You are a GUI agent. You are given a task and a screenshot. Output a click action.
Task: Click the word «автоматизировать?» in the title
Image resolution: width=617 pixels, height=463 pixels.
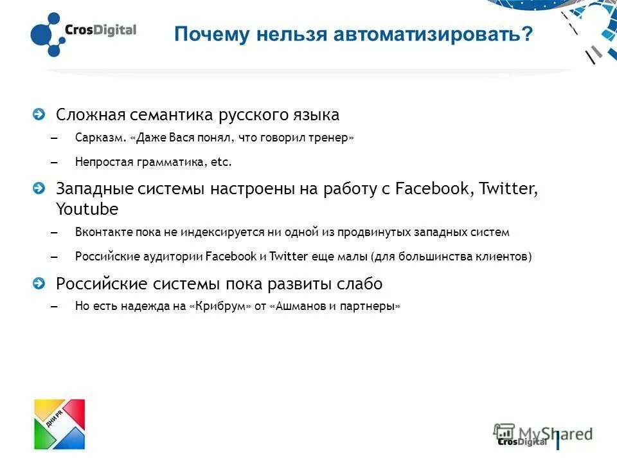coord(433,34)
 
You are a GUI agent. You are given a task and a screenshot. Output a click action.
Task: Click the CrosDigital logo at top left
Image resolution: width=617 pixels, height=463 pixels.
coord(83,33)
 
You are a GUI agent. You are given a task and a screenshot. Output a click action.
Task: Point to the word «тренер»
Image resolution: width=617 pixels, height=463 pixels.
coord(330,138)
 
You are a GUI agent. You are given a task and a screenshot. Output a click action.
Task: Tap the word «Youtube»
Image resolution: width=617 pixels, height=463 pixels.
coord(87,210)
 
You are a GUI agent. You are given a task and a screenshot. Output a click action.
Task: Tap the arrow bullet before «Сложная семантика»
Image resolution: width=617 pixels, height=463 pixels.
coord(40,114)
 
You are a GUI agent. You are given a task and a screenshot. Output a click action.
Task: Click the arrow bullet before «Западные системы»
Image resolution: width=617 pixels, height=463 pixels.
coord(40,188)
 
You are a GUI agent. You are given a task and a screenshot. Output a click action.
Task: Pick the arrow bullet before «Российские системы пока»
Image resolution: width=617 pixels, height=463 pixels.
coord(40,283)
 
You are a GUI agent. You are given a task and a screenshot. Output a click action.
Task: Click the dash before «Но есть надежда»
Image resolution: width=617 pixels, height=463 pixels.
coord(53,307)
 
